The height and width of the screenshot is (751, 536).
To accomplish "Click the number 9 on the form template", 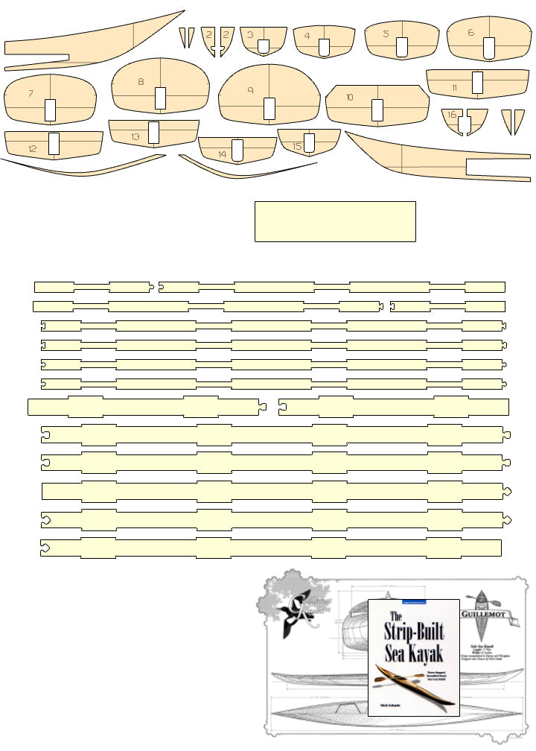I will tap(251, 90).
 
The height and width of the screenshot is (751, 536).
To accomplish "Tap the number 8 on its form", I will tap(141, 82).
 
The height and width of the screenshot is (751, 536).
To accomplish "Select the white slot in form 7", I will tap(50, 110).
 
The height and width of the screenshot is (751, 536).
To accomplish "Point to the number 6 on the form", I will tap(470, 33).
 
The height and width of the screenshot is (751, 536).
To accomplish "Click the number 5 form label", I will tap(386, 34).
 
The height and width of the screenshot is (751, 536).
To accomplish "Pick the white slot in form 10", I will tap(377, 109).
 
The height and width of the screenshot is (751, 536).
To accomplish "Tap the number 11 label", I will tap(454, 88).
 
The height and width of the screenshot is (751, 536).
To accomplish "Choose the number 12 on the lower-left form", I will tap(33, 149).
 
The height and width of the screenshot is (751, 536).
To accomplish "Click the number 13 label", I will tap(135, 137).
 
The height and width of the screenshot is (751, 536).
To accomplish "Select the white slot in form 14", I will tap(237, 149).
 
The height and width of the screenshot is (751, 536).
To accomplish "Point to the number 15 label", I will tap(297, 147).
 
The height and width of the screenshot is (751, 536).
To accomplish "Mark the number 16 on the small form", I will tap(452, 115).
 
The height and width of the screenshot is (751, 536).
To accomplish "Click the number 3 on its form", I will tap(251, 34).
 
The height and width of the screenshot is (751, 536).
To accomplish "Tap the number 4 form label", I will tap(307, 35).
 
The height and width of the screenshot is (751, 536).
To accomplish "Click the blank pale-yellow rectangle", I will tap(335, 221).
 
